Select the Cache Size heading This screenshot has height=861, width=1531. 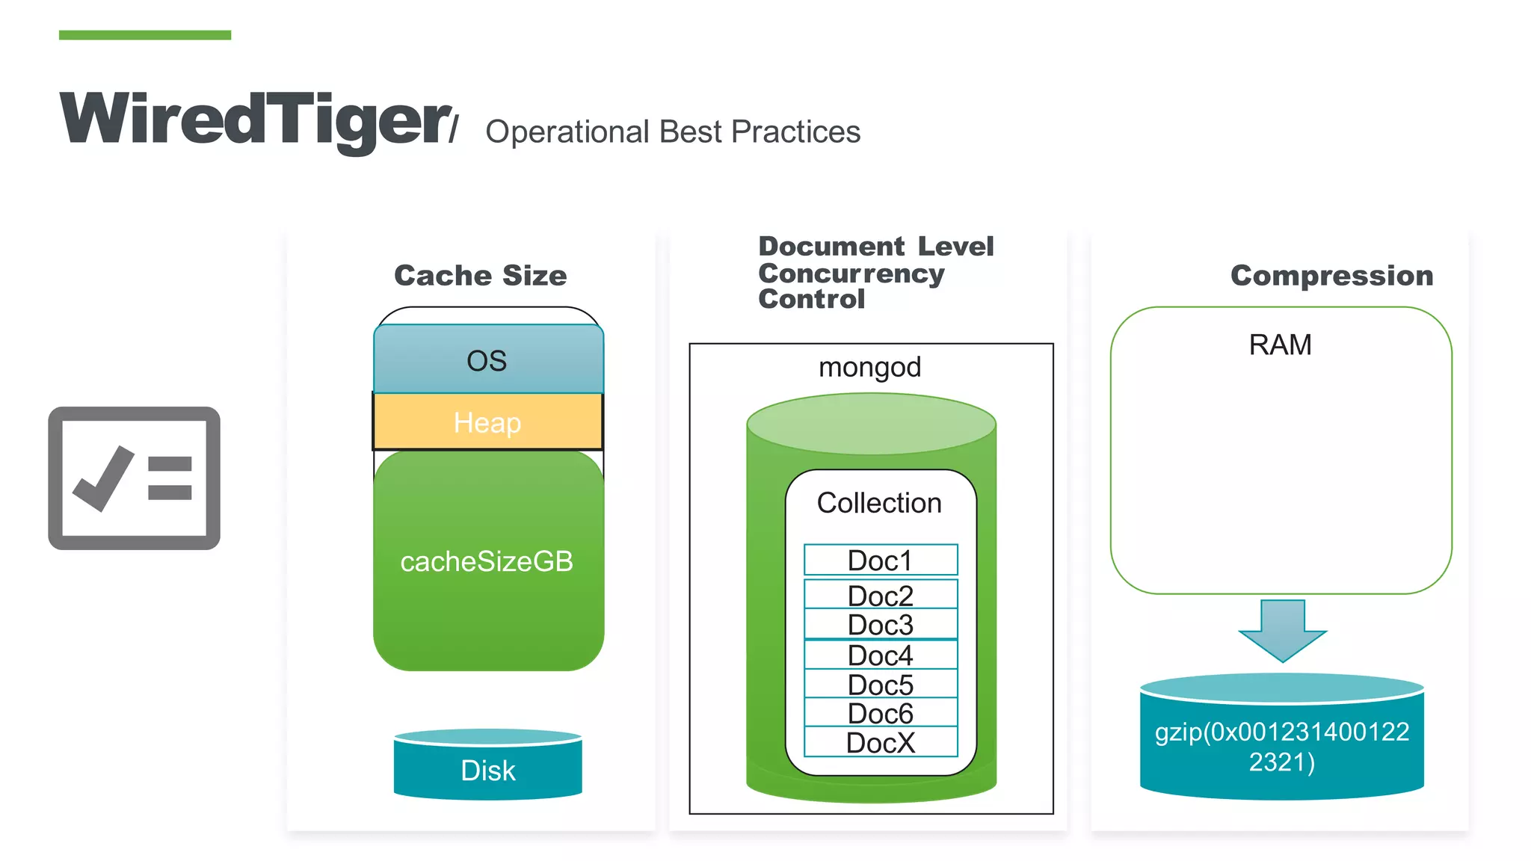[x=480, y=275]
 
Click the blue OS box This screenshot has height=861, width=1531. [x=487, y=360]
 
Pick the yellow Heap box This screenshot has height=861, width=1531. [x=487, y=422]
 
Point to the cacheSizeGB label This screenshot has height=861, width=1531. [x=487, y=561]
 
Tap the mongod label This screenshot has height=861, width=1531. [x=869, y=367]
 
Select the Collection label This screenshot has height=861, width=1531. [x=879, y=503]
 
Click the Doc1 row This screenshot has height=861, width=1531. [x=881, y=561]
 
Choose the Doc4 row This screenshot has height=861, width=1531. [x=881, y=655]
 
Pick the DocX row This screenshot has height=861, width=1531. [x=881, y=743]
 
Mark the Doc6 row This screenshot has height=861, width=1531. [x=881, y=714]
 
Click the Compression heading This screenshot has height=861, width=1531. [x=1331, y=275]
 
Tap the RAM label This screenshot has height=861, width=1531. [x=1280, y=345]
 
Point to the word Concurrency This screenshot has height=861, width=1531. [x=851, y=274]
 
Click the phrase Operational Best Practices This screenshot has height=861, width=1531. [x=673, y=132]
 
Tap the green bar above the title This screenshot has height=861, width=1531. [x=145, y=34]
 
